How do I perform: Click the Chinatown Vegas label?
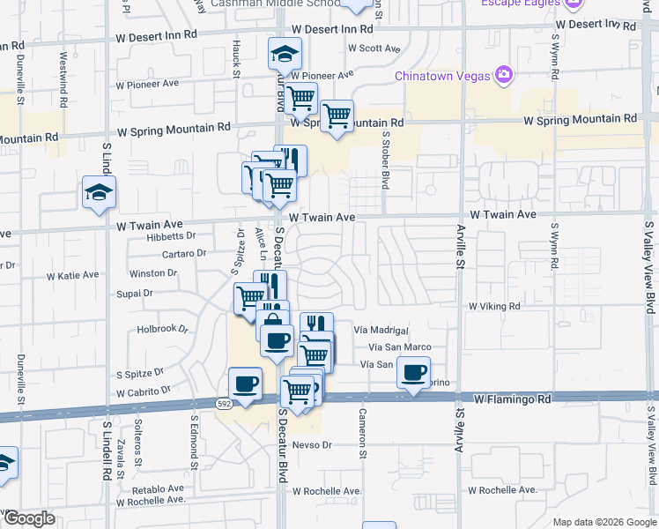pos(443,76)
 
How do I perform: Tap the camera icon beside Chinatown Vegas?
pos(504,74)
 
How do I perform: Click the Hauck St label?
pos(237,56)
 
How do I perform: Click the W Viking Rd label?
pos(494,306)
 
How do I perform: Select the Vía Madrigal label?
pos(381,330)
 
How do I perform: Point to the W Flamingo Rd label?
pos(512,399)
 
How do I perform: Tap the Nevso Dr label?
pos(312,444)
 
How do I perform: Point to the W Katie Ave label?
pos(72,275)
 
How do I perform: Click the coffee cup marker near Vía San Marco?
pos(413,373)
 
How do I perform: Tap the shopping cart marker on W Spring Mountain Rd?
pos(337,116)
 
